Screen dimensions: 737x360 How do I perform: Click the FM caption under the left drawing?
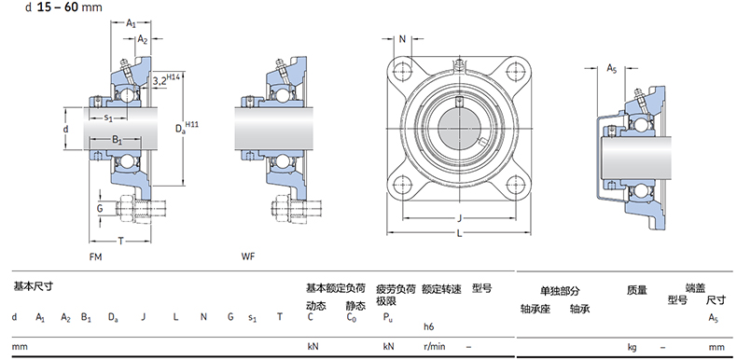point(95,256)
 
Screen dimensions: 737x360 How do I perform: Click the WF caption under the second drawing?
point(248,256)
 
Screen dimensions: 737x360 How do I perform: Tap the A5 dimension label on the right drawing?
point(611,69)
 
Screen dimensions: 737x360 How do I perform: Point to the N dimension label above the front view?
point(402,39)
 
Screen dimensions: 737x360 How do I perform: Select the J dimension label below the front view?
point(460,217)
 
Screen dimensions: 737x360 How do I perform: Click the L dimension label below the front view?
point(459,233)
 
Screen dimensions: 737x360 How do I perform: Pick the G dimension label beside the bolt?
point(100,208)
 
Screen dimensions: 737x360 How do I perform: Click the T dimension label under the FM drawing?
point(120,242)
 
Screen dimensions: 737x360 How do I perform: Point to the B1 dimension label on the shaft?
point(117,140)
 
